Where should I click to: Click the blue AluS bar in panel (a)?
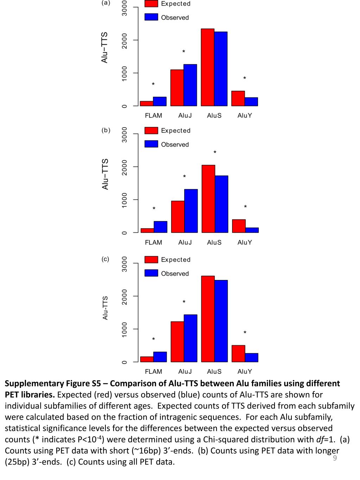point(221,69)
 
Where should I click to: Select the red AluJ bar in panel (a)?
point(177,88)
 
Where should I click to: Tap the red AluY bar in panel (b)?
point(239,226)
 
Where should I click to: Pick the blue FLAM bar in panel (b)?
point(160,227)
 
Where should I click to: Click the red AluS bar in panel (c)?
point(208,319)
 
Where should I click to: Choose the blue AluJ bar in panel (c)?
point(191,338)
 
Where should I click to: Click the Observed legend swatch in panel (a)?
point(151,17)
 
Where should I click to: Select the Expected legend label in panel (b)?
point(175,130)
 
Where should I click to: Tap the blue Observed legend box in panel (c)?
point(151,273)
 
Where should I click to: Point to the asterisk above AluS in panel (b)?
point(215,153)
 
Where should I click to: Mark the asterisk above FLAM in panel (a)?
point(153,84)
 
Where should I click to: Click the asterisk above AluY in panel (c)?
point(245,333)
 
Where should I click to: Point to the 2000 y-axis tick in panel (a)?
point(124,40)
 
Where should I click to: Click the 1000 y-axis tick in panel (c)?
point(124,329)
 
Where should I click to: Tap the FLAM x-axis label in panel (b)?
point(153,242)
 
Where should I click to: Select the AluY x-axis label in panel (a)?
point(245,115)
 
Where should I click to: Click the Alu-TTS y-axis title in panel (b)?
point(105,174)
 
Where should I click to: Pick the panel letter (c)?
point(105,259)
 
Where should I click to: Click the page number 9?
point(335,458)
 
